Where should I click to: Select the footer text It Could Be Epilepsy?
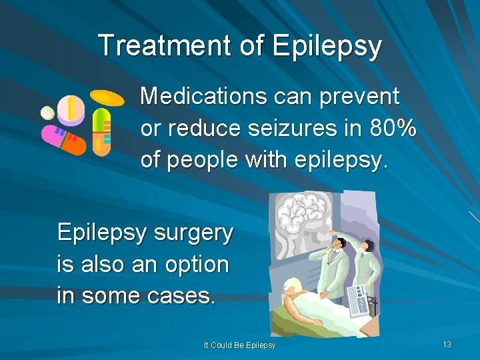click(239, 345)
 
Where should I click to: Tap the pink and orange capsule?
click(64, 139)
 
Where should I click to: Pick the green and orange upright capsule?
click(101, 132)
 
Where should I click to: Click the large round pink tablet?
click(71, 110)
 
